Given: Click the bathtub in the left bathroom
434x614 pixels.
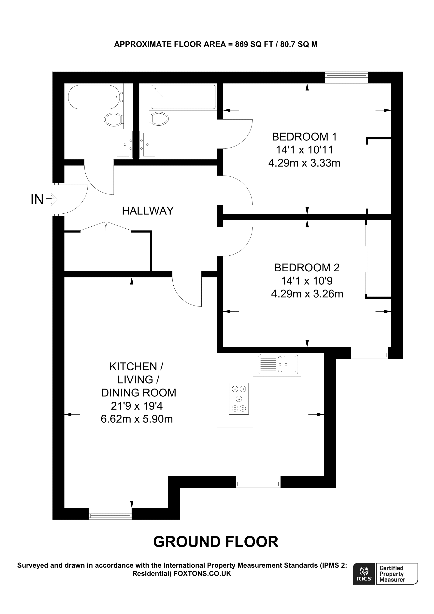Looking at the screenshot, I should pos(94,97).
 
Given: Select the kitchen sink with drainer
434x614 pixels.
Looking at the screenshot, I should pos(278,364).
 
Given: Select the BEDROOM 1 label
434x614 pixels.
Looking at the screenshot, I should pos(304,137).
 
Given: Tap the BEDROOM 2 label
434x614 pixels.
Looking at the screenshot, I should pos(307,268).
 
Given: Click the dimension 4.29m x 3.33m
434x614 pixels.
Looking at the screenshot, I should pos(304,163).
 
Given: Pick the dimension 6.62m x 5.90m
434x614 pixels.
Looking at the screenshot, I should pos(137,419).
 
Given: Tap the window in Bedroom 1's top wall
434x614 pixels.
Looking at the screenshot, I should pos(346,77).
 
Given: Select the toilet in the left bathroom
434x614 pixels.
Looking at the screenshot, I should pos(113,119).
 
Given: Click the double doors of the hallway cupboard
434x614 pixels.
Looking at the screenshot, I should pos(106,226).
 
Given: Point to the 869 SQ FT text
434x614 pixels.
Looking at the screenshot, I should pos(254,44).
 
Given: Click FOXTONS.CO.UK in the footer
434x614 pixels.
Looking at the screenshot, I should pos(202,573).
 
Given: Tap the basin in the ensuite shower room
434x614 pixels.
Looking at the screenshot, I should pos(148,144).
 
